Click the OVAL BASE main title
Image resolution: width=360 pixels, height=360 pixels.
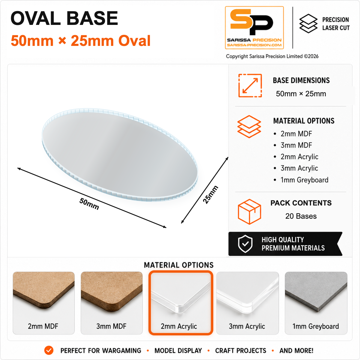(x=64, y=18)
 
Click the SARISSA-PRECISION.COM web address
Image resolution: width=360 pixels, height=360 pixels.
(x=254, y=45)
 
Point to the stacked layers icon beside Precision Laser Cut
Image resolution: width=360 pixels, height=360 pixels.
(x=308, y=23)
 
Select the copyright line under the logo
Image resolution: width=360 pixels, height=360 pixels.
(x=272, y=56)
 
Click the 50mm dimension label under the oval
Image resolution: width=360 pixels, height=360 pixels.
(x=89, y=204)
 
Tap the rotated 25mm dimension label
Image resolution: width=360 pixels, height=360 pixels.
(x=211, y=195)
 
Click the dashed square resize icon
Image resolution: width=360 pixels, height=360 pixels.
(x=250, y=85)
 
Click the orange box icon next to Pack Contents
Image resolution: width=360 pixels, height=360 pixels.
(x=249, y=211)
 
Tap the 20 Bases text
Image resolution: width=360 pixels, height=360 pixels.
(x=301, y=216)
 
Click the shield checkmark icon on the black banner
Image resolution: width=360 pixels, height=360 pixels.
(x=245, y=244)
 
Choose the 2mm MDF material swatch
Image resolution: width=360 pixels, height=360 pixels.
(x=43, y=303)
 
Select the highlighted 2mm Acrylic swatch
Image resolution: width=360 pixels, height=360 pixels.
(x=181, y=303)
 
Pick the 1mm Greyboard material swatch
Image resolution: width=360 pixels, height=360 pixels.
(x=316, y=303)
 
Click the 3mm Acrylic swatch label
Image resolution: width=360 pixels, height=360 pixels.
(x=247, y=326)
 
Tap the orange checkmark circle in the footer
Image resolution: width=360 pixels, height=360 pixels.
(x=49, y=350)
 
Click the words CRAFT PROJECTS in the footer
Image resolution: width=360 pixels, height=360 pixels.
(x=241, y=351)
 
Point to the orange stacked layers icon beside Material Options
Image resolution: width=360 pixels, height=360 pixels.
(x=249, y=127)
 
